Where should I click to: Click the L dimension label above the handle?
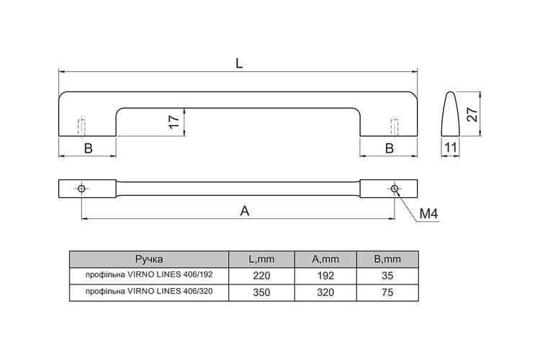pyautogui.click(x=239, y=63)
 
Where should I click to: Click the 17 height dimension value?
pyautogui.click(x=175, y=122)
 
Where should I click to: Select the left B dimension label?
pyautogui.click(x=88, y=148)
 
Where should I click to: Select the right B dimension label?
pyautogui.click(x=389, y=148)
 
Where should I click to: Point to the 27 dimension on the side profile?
pyautogui.click(x=472, y=114)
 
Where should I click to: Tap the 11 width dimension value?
pyautogui.click(x=451, y=148)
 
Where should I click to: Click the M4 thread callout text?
pyautogui.click(x=428, y=214)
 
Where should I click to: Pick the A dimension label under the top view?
pyautogui.click(x=245, y=211)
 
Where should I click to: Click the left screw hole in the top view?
pyautogui.click(x=81, y=189)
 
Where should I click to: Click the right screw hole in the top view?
pyautogui.click(x=395, y=189)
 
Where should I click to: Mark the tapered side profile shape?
pyautogui.click(x=451, y=114)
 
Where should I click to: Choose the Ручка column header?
pyautogui.click(x=149, y=259)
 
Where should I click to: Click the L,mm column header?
pyautogui.click(x=262, y=259)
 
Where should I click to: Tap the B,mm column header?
pyautogui.click(x=387, y=259)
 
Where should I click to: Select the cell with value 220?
pyautogui.click(x=262, y=276)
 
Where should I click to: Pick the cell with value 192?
pyautogui.click(x=325, y=276)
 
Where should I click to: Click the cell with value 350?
pyautogui.click(x=262, y=292)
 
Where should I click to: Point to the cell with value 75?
pyautogui.click(x=387, y=292)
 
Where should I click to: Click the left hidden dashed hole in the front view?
pyautogui.click(x=81, y=127)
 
